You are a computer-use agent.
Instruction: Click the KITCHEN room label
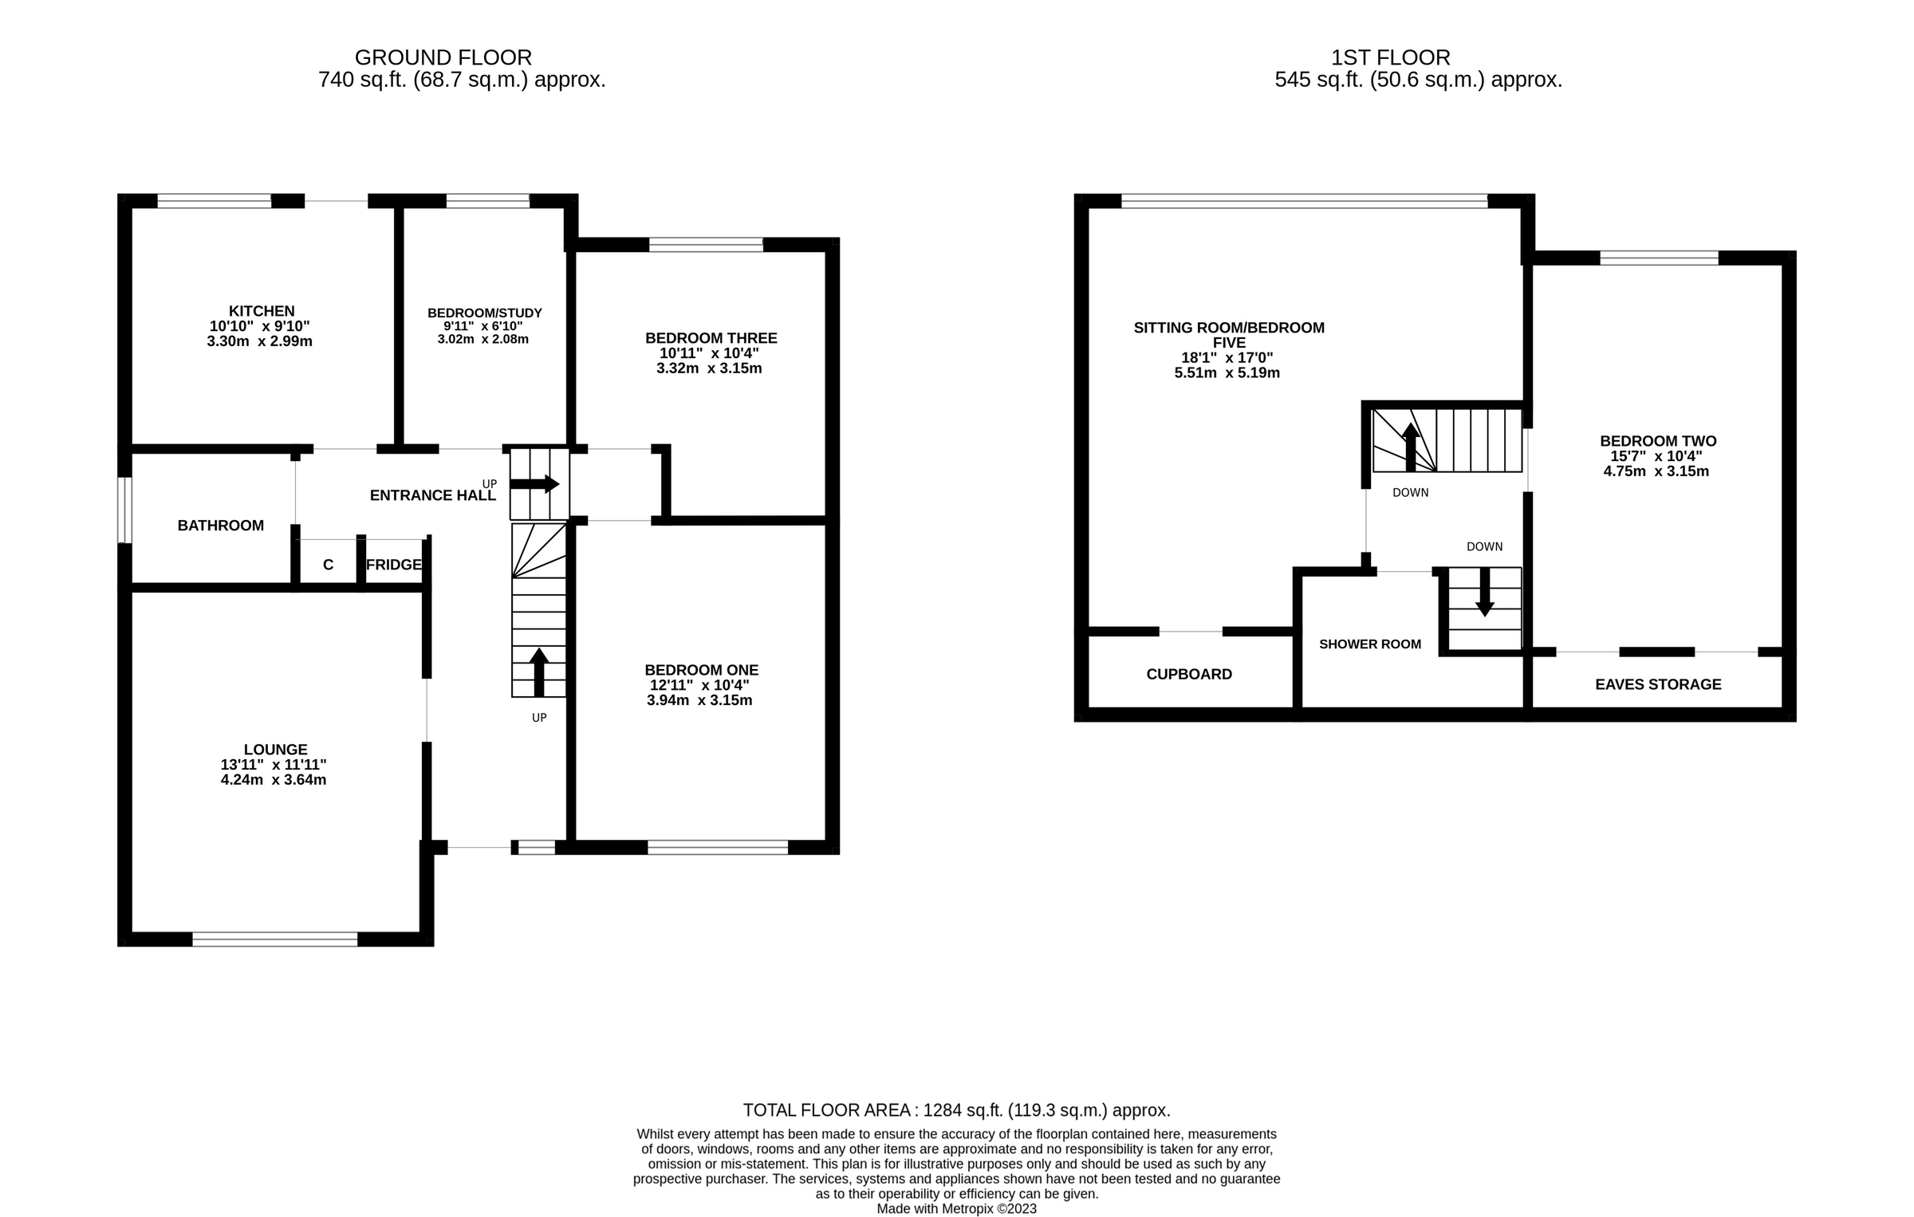tap(262, 311)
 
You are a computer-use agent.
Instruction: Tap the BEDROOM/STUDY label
tap(484, 313)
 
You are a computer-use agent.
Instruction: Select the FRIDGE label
tap(393, 565)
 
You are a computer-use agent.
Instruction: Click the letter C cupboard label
tap(328, 565)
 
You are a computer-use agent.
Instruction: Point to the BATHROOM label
tap(220, 526)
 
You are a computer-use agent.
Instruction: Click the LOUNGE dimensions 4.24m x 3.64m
tap(274, 780)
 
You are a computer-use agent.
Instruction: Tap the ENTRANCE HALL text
tap(432, 495)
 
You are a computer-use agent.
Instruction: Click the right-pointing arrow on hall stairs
tap(535, 483)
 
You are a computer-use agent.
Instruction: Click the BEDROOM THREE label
tap(711, 338)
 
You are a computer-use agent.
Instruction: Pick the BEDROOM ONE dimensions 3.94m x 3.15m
tap(699, 700)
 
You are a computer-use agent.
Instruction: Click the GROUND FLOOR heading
tap(443, 57)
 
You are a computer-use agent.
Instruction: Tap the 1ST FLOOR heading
tap(1390, 57)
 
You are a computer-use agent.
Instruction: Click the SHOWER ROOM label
tap(1369, 644)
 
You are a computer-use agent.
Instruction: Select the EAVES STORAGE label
tap(1657, 684)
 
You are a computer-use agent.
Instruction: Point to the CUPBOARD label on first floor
tap(1188, 674)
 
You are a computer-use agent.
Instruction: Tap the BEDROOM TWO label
tap(1657, 441)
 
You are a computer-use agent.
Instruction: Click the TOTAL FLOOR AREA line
tap(956, 1110)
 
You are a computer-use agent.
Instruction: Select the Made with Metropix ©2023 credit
tap(956, 1208)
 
